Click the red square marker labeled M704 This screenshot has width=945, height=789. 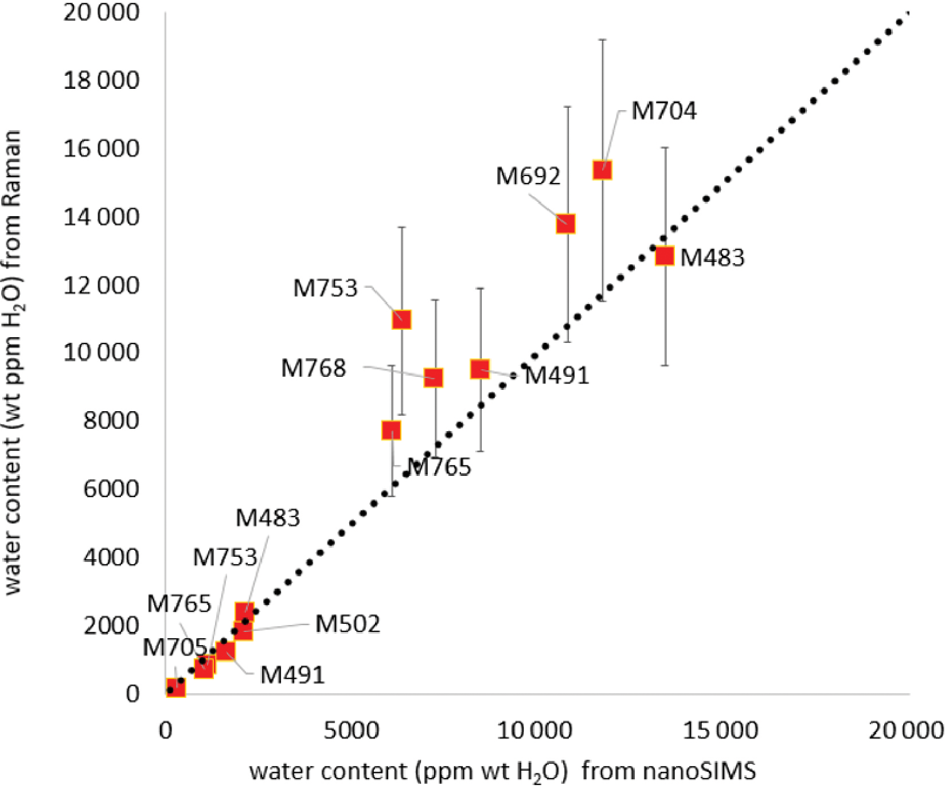pos(603,170)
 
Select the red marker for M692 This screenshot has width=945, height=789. pos(566,224)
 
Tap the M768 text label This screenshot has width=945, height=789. pos(314,368)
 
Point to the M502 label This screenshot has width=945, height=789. pos(347,624)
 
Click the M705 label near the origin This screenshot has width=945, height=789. pos(174,647)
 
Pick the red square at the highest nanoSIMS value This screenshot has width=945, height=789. pos(665,256)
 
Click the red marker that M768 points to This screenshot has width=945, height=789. pos(434,377)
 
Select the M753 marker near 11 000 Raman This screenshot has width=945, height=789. pos(402,319)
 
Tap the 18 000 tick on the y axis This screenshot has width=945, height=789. pos(101,81)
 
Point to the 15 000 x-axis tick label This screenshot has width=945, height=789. pos(721,731)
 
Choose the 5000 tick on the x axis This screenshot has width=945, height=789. pos(352,731)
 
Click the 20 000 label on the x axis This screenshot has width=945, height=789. pos(906,731)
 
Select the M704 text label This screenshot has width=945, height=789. pos(664,111)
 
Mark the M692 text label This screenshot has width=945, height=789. pos(528,176)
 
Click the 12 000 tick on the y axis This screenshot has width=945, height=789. pos(101,285)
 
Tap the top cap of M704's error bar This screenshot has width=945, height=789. pos(603,40)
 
